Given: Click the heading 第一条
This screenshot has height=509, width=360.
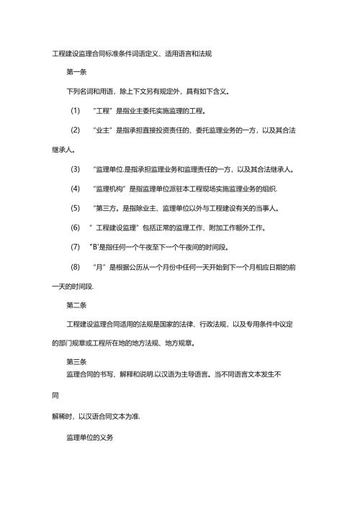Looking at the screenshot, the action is pos(77,73).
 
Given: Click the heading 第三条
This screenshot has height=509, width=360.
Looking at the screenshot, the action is pos(77,361).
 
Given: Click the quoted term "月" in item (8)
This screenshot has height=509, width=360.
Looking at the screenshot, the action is pos(101,267).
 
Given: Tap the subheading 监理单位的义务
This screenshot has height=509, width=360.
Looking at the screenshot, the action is pos(90,438).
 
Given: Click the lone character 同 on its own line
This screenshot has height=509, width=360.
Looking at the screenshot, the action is pos(55,396).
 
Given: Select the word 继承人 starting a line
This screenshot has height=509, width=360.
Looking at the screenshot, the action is pos(63,150).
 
